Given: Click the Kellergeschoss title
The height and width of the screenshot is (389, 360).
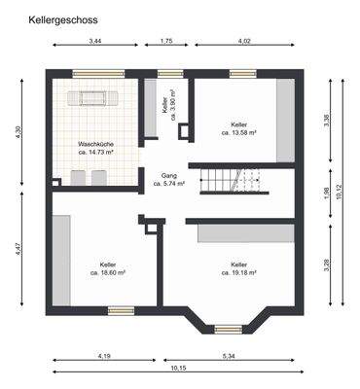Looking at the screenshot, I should [62, 18].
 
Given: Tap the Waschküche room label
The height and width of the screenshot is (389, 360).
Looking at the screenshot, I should [95, 148].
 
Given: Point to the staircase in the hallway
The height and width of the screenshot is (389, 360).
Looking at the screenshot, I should [234, 181].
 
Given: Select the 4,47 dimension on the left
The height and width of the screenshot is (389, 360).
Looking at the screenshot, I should [19, 249].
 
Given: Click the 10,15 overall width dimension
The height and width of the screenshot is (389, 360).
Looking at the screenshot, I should [177, 369].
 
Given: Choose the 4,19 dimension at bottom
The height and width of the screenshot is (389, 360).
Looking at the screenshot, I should [104, 356].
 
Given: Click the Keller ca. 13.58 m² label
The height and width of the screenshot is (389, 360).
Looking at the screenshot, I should [239, 128].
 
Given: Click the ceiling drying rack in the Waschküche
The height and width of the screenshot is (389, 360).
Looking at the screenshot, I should [95, 99].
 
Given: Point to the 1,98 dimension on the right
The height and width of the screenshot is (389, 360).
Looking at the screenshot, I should [326, 193].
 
